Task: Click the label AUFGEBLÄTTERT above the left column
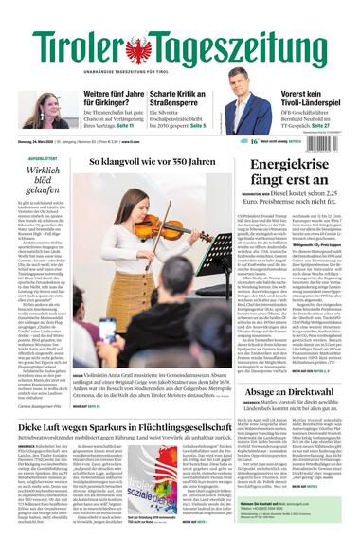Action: (42, 158)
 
